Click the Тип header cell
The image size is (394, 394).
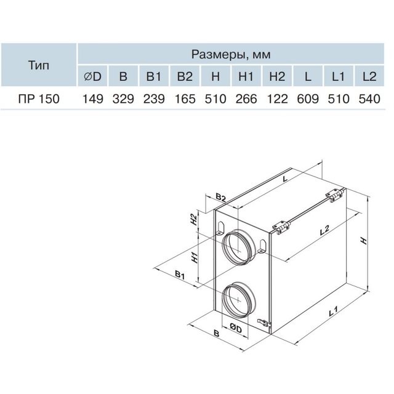point(39,65)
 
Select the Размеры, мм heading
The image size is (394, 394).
point(231,54)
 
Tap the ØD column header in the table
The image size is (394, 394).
point(92,76)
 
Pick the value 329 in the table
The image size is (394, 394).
point(123,98)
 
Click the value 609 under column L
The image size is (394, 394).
point(308,98)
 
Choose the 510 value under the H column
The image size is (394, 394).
point(215,98)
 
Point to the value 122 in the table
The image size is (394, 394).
point(277,98)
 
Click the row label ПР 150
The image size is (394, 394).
point(39,98)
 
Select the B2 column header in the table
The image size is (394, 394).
point(185,76)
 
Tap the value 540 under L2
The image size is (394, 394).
point(369,98)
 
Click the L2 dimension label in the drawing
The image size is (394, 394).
point(324,230)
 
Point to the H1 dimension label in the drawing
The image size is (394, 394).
point(195,257)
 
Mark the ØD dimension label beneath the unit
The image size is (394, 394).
point(235,328)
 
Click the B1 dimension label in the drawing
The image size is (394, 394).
point(180,275)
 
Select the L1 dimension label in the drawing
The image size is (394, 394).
point(333,311)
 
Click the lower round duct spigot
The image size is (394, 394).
point(238,299)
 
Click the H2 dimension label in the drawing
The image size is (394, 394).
point(193,220)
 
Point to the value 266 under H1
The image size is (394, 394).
point(246,98)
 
